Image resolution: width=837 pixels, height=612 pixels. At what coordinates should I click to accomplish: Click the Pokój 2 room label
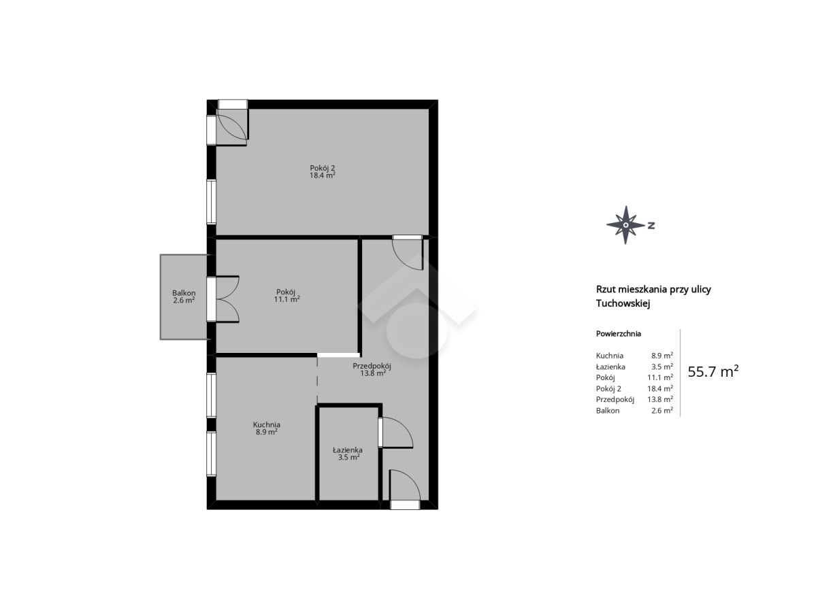coord(322,168)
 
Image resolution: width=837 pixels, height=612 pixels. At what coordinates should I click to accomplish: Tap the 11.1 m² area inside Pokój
coord(286,299)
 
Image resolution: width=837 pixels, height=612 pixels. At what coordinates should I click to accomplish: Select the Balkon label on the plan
coord(184,293)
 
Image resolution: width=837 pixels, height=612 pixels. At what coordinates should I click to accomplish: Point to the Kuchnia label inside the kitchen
coord(267,424)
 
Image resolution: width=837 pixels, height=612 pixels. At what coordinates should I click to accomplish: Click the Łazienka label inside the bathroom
coord(348,450)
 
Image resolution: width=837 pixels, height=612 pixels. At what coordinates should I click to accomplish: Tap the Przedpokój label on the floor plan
coord(372,366)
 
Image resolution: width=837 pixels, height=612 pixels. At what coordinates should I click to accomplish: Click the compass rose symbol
coord(625,225)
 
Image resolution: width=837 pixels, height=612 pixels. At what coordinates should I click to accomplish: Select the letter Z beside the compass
coord(651,225)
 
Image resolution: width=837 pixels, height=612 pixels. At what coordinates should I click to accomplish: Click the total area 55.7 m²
coord(713,371)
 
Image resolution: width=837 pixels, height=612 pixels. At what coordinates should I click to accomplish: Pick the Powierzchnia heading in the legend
coord(619,334)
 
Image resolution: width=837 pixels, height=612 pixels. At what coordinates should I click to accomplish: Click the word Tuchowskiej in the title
coord(623,303)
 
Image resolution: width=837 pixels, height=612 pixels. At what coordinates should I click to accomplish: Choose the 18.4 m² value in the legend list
coord(660,389)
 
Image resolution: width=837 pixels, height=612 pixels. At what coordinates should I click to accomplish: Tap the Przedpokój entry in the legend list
coord(615,400)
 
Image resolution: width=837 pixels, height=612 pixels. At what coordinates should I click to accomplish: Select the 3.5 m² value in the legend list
coord(662,367)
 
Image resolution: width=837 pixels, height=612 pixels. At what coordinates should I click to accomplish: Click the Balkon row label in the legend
coord(608,411)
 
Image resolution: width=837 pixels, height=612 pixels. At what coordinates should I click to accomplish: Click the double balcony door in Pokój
coord(224,299)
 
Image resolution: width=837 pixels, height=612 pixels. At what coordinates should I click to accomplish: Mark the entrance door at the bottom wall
coord(405,489)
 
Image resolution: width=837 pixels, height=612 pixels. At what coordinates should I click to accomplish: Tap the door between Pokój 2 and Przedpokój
coord(408,252)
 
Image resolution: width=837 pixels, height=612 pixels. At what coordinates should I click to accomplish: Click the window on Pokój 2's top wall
coord(233,104)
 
